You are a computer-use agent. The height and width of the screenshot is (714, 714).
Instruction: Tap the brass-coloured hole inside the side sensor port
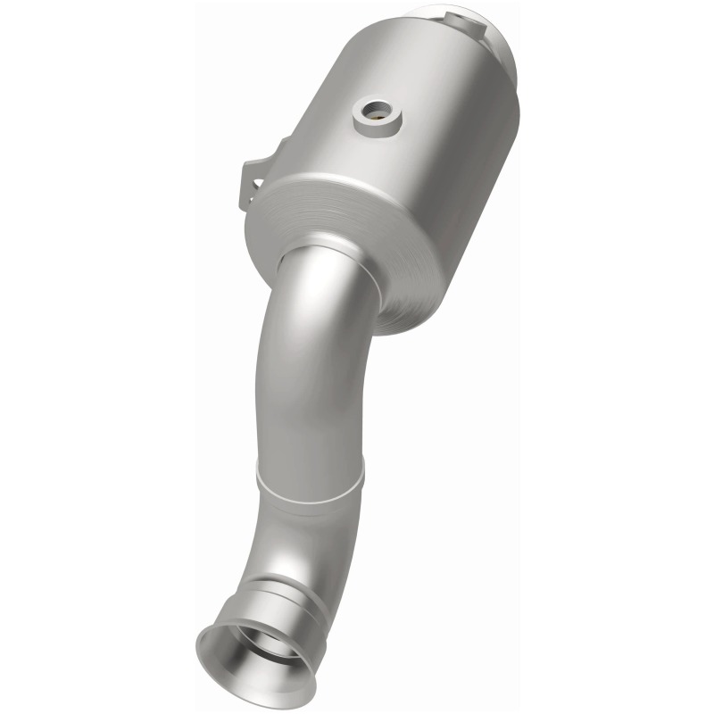coord(380,114)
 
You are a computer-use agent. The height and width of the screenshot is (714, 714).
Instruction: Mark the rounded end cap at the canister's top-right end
coord(500,45)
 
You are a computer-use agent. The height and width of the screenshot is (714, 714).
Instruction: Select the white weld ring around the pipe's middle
coord(312,477)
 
